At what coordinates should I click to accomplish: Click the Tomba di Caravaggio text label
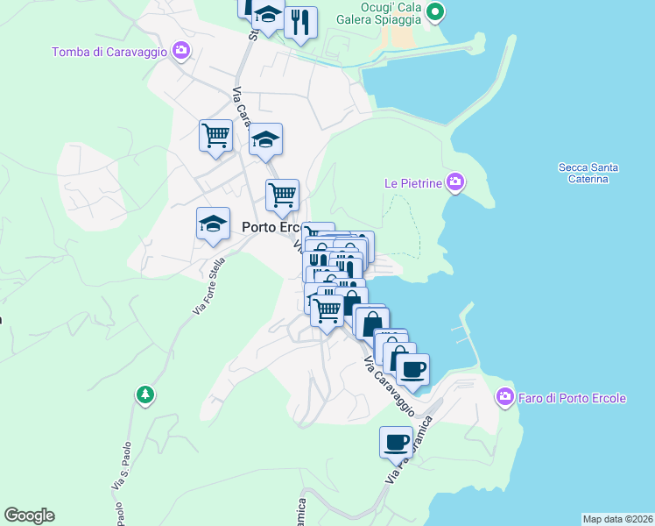(109, 51)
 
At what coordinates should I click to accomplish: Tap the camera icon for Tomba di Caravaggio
(181, 51)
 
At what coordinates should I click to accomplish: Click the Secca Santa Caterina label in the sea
(588, 173)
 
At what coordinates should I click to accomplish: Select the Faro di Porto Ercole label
(573, 398)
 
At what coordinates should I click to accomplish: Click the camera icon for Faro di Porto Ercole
(504, 398)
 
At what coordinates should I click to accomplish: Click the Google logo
(29, 515)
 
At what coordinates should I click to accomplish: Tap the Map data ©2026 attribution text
(617, 518)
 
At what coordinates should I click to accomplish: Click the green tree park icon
(145, 396)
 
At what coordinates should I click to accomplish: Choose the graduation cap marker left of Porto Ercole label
(213, 224)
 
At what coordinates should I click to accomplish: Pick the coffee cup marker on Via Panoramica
(396, 441)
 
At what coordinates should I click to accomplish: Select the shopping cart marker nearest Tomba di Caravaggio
(215, 136)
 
